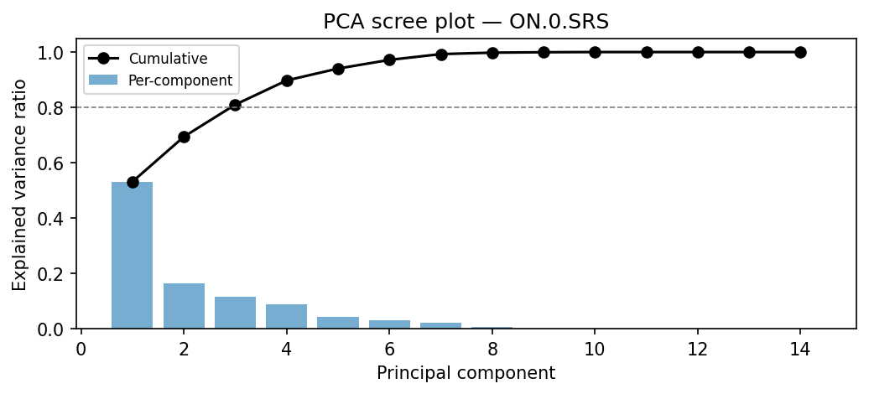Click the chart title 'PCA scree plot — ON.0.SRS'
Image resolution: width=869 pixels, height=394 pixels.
tap(466, 22)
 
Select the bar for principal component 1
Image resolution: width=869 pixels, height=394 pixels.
tap(133, 255)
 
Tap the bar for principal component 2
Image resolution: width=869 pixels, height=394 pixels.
tap(184, 306)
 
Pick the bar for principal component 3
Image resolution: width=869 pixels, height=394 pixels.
tap(235, 313)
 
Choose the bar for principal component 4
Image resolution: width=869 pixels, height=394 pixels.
tap(287, 317)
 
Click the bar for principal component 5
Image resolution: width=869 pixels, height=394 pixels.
tap(338, 323)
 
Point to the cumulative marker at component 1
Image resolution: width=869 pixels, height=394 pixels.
tap(133, 182)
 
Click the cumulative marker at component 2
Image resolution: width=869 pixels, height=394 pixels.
tap(184, 137)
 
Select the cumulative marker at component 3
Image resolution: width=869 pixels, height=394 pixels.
tap(235, 105)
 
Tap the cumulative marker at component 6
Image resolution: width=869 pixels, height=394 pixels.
tap(389, 60)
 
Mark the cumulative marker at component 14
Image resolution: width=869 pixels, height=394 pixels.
tap(800, 52)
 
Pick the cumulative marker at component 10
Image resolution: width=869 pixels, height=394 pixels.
tap(595, 52)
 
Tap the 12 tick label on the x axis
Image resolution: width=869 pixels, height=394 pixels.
tap(698, 347)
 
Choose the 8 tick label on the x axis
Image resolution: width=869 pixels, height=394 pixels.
tap(492, 347)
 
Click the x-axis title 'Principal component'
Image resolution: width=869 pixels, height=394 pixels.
tap(466, 373)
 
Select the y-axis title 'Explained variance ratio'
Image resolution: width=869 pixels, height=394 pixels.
tap(19, 184)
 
